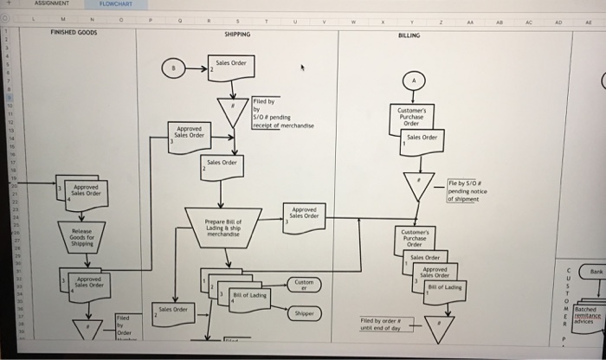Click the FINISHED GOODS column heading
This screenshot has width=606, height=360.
pyautogui.click(x=74, y=34)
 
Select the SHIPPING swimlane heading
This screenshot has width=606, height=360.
pyautogui.click(x=236, y=35)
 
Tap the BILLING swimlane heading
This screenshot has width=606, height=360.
pyautogui.click(x=409, y=35)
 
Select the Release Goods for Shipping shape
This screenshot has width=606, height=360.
pyautogui.click(x=82, y=236)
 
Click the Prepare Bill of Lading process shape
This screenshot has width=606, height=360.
pyautogui.click(x=227, y=224)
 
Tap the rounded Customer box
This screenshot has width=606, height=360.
pyautogui.click(x=304, y=284)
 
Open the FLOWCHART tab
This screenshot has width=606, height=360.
pyautogui.click(x=103, y=3)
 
